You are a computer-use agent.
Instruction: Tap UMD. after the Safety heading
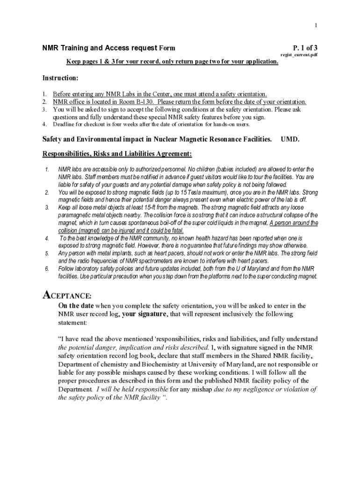coord(290,139)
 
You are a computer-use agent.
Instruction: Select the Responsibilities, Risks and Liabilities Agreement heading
coord(117,154)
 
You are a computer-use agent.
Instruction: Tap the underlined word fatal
coord(176,231)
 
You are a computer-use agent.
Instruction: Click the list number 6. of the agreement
coord(47,269)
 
